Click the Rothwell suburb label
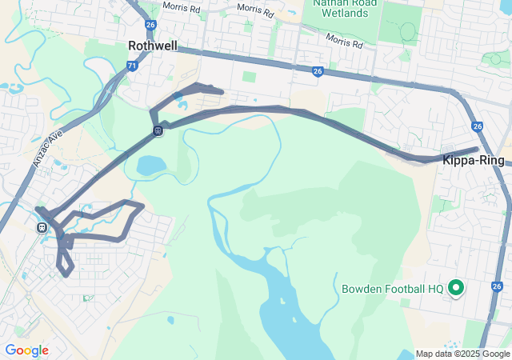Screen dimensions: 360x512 point(153,46)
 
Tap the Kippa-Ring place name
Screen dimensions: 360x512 point(474,160)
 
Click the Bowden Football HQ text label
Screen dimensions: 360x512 point(392,288)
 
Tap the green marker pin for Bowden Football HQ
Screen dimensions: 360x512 point(456,286)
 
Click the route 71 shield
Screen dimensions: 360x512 point(132,67)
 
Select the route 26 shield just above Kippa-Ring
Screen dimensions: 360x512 point(478,126)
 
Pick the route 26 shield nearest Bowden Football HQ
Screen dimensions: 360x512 point(498,286)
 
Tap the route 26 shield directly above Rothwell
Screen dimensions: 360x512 point(150,25)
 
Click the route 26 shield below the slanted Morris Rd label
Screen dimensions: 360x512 point(318,71)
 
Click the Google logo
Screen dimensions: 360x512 point(26,350)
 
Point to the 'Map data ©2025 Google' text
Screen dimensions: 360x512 point(462,354)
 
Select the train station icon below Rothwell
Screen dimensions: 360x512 point(158,130)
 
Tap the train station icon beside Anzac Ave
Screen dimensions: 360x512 point(42,227)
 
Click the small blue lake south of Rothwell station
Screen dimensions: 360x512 point(151,166)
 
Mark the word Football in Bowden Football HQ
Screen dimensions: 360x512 point(405,288)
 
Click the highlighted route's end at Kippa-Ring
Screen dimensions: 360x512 point(477,149)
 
